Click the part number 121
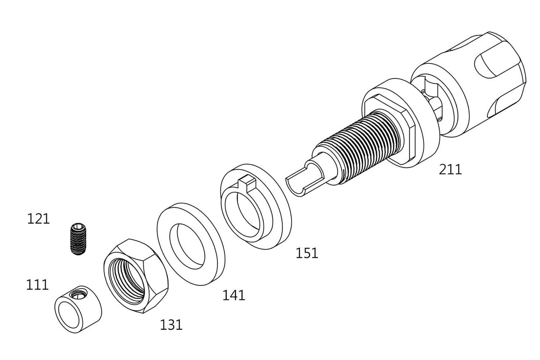click(x=38, y=219)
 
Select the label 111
click(x=37, y=285)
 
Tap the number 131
click(x=171, y=324)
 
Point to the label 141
click(x=234, y=295)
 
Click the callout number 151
click(x=307, y=253)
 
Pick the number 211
click(x=450, y=169)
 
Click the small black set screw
click(x=78, y=239)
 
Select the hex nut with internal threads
click(x=136, y=276)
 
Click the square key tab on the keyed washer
click(x=247, y=183)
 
